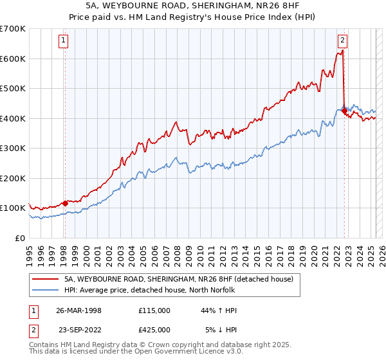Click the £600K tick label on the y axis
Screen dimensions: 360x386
pyautogui.click(x=13, y=59)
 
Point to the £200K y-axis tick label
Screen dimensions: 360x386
pyautogui.click(x=13, y=178)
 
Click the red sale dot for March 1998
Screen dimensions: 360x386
pyautogui.click(x=65, y=204)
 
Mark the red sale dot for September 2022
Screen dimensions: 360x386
pyautogui.click(x=344, y=111)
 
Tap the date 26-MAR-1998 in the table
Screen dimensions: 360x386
pyautogui.click(x=79, y=310)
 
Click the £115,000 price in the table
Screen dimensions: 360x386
pyautogui.click(x=154, y=310)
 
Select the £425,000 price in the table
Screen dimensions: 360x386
pyautogui.click(x=154, y=330)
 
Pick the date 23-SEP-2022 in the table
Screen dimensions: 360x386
pyautogui.click(x=79, y=330)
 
